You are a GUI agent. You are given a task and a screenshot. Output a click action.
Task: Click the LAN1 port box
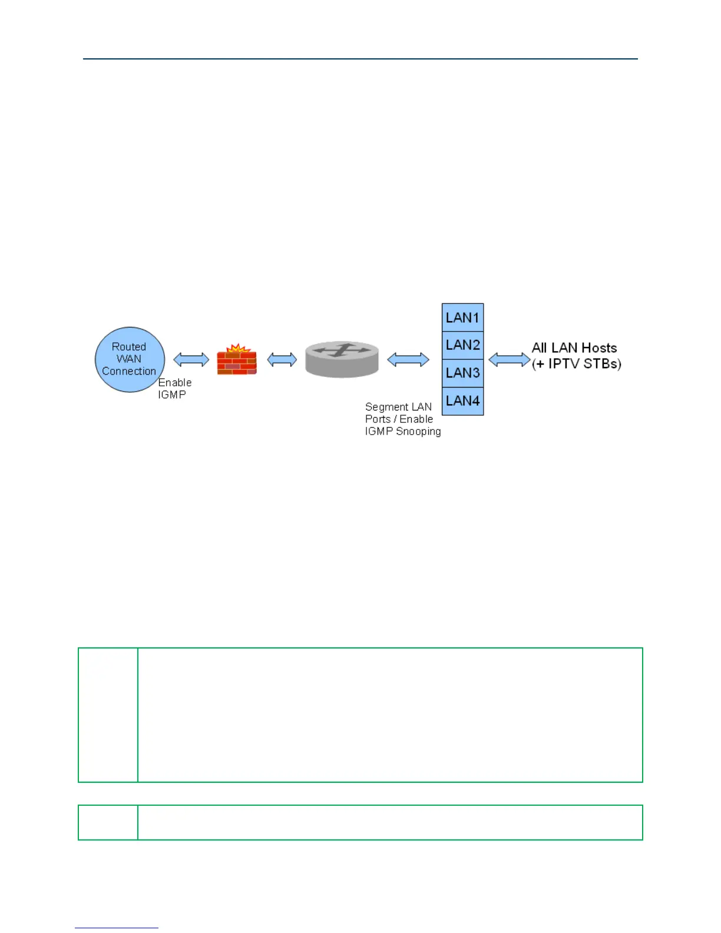click(462, 317)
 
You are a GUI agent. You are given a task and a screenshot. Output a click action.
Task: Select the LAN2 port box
click(462, 345)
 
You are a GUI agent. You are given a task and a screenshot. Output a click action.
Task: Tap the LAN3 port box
click(462, 373)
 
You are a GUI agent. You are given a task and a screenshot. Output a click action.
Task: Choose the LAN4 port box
click(462, 401)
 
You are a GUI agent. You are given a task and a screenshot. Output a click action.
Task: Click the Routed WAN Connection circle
click(130, 359)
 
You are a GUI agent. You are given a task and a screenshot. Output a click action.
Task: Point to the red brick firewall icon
click(237, 362)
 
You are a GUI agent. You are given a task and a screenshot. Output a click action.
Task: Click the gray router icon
click(342, 359)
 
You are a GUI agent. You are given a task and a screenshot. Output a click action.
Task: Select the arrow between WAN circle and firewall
click(191, 359)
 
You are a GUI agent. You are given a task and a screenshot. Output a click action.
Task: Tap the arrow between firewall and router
click(282, 359)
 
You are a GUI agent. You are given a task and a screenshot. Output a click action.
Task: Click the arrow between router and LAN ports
click(408, 359)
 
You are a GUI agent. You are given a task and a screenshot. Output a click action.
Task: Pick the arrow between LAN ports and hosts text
click(510, 359)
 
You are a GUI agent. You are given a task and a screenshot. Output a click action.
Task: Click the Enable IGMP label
click(174, 389)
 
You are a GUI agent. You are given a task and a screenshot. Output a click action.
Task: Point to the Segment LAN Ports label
click(399, 413)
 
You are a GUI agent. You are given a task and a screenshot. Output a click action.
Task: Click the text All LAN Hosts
click(574, 348)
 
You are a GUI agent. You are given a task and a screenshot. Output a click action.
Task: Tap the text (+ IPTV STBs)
click(577, 364)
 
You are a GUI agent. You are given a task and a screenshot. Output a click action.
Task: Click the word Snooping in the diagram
click(418, 432)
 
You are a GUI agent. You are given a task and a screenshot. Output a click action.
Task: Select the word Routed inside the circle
click(129, 347)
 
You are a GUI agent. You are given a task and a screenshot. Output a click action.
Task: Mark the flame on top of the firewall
click(238, 348)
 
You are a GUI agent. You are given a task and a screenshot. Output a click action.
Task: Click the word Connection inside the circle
click(129, 372)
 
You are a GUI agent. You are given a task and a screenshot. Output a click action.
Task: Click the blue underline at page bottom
click(117, 928)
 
